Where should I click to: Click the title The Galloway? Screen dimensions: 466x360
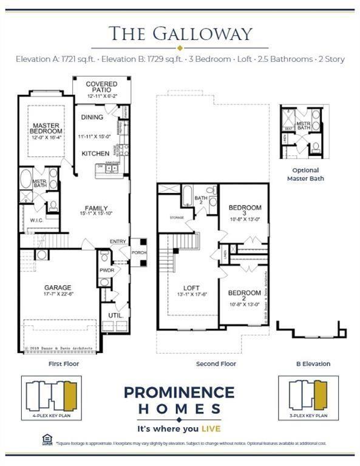(x=180, y=33)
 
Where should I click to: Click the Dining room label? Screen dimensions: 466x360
(x=92, y=118)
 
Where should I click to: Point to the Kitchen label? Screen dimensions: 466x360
(x=95, y=154)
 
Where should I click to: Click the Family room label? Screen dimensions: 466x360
(x=96, y=209)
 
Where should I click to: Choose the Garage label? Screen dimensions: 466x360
(x=58, y=288)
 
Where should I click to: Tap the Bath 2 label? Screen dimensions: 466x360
(x=201, y=198)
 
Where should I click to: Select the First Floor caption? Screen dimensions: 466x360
(x=64, y=364)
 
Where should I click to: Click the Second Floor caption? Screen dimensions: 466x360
(x=216, y=364)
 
